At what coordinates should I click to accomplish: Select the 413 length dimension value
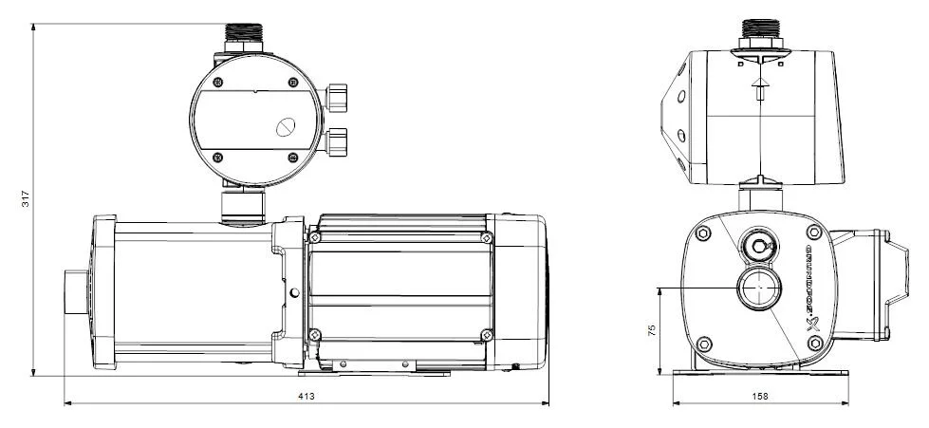tap(306, 395)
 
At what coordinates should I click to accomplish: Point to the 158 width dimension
tap(758, 395)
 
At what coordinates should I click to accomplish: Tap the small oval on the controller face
tap(286, 127)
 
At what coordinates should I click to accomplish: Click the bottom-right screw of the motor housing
tap(487, 333)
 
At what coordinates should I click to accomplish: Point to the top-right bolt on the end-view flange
tap(811, 233)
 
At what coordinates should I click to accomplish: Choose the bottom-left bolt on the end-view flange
tap(703, 343)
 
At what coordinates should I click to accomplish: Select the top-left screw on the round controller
tap(217, 82)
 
